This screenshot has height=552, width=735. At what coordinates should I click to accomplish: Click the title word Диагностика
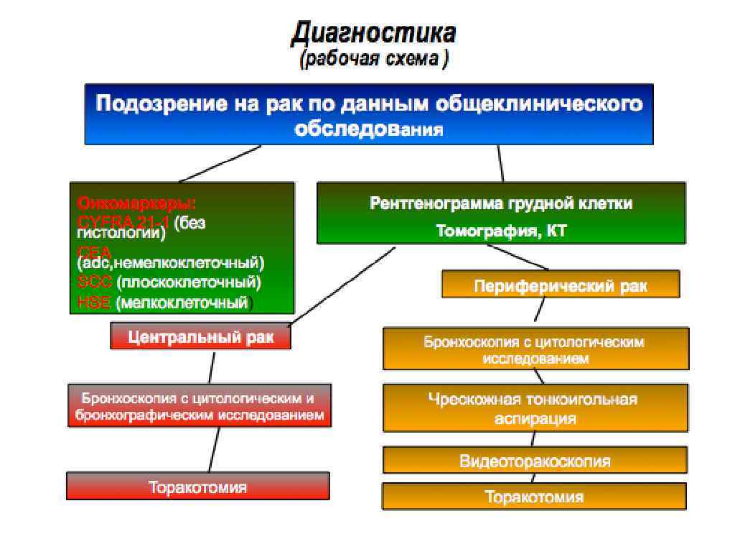[373, 32]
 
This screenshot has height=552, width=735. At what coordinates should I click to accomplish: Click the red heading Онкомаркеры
[136, 202]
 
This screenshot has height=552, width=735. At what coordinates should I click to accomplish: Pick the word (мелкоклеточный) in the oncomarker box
[185, 302]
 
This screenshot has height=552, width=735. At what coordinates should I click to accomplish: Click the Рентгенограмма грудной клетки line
[501, 203]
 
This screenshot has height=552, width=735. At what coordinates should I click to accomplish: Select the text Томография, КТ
[501, 231]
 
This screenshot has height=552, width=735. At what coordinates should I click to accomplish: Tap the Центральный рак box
[201, 336]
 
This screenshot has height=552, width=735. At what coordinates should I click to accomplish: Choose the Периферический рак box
[560, 285]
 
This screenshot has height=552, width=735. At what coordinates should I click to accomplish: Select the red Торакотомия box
[197, 487]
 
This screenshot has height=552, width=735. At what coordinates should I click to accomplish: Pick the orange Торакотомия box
[534, 497]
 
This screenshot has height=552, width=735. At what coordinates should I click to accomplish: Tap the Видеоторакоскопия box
[534, 461]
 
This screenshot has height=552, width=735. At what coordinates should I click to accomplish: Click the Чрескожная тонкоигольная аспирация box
[534, 408]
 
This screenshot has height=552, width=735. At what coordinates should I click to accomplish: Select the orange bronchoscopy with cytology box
[534, 349]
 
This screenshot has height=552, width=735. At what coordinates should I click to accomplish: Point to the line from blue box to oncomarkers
[220, 163]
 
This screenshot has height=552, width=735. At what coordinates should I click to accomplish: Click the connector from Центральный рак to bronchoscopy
[211, 367]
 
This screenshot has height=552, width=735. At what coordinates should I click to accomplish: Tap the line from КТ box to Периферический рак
[518, 257]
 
